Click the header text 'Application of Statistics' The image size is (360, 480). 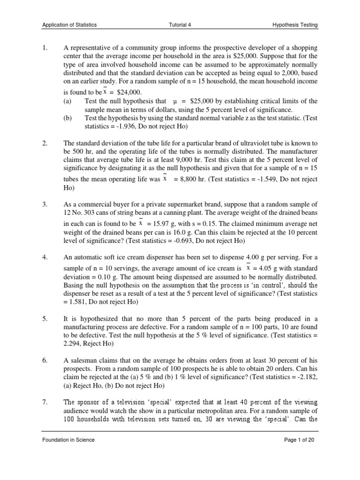click(69, 25)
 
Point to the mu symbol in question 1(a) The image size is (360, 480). click(175, 101)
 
